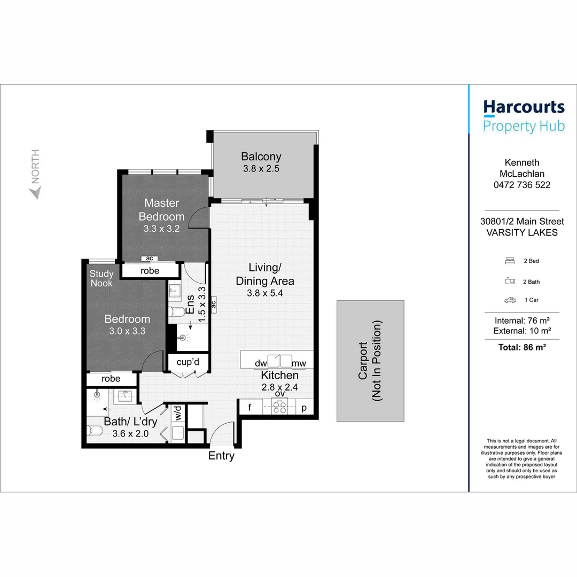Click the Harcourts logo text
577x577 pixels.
[x=524, y=107]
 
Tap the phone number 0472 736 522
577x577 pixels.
[x=522, y=185]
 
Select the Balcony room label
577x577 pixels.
[x=261, y=157]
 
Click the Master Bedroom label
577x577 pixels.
[x=161, y=209]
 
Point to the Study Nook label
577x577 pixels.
[x=101, y=278]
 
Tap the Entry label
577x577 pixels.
[x=221, y=456]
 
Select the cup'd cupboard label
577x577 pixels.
[x=188, y=363]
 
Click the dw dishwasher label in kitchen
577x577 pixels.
[x=261, y=363]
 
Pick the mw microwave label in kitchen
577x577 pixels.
[x=299, y=363]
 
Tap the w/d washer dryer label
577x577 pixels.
[x=177, y=412]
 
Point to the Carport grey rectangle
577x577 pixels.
[x=370, y=361]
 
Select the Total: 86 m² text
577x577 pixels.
[x=522, y=347]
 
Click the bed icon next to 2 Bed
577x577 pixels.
[x=510, y=261]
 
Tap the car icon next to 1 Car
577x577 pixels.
[x=510, y=301]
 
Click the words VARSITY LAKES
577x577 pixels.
[x=522, y=232]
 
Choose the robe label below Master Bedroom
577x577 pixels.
[x=150, y=270]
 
